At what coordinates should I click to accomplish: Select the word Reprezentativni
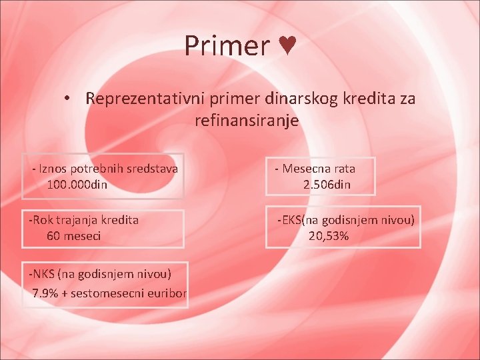click(x=146, y=99)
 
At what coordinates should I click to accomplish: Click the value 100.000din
click(x=77, y=184)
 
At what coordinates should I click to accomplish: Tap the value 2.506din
click(x=327, y=185)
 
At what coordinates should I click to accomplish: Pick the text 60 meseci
click(x=74, y=235)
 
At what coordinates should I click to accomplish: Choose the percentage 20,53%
click(x=329, y=235)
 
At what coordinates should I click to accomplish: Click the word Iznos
click(x=54, y=169)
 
